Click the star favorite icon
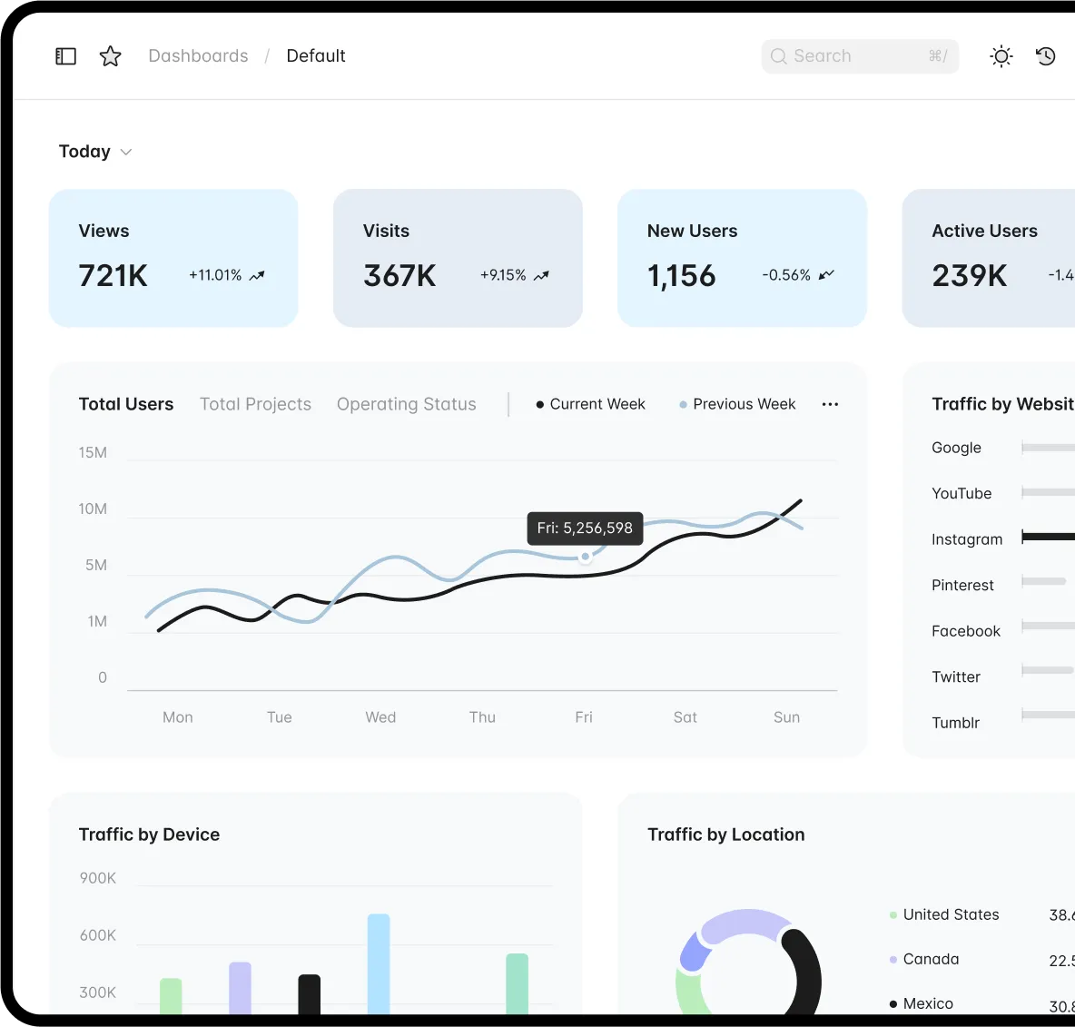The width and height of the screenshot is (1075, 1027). coord(111,56)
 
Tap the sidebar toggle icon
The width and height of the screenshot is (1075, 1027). coord(66,56)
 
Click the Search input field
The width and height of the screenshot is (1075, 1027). coord(859,56)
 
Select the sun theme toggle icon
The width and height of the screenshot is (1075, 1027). coord(1001,56)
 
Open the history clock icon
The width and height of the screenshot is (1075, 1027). coord(1046,56)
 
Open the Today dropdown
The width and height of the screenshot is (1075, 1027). coord(95,152)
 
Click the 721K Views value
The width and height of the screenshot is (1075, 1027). coord(113,275)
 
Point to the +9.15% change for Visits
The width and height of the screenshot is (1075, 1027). coord(503,275)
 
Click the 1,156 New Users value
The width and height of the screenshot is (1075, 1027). coord(682,275)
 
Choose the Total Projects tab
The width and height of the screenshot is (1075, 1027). coord(255,404)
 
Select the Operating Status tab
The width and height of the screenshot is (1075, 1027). coord(406,404)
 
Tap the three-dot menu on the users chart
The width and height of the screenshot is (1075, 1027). coord(830,404)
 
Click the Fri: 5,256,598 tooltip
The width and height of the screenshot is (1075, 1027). coord(585,528)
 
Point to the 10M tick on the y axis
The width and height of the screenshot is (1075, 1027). coord(93,509)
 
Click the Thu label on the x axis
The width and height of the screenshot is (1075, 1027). coord(482,717)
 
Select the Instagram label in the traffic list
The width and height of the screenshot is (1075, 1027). coord(967,539)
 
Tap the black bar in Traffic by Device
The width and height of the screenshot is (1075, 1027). coord(310,993)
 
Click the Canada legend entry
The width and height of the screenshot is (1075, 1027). coord(931,959)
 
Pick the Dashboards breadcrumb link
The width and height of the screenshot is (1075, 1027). coord(198,56)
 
